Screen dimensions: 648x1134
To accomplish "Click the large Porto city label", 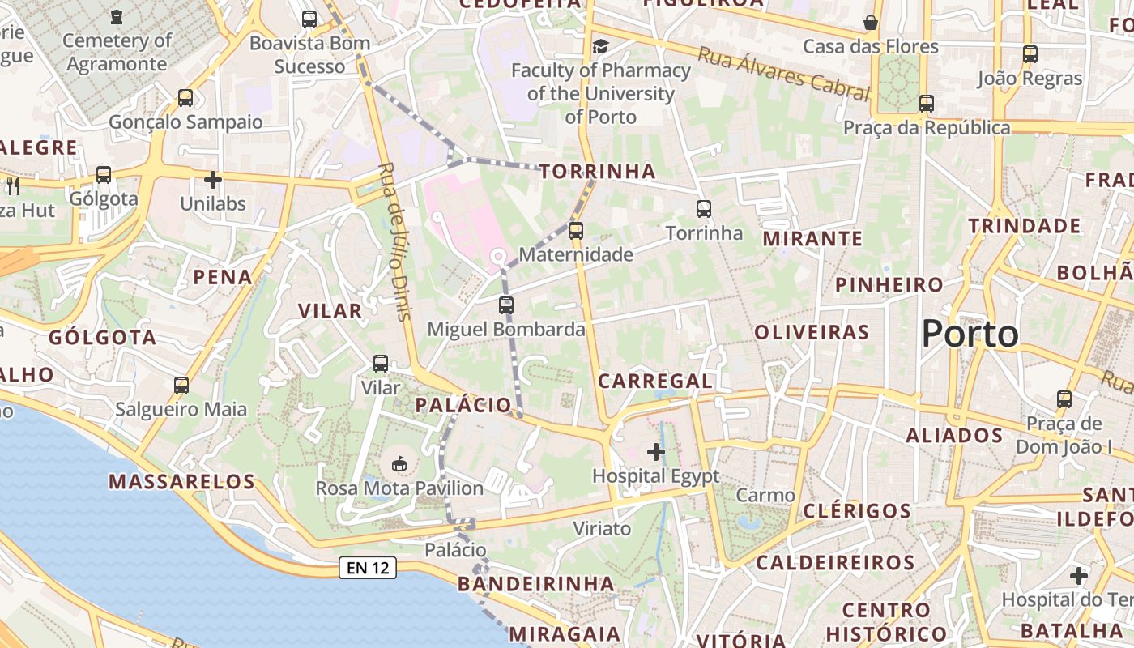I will click(x=970, y=334).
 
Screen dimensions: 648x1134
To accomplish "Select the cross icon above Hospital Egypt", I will click(x=656, y=451).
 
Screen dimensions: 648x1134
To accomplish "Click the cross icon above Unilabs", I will click(x=213, y=179).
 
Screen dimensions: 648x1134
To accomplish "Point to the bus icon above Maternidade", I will click(x=576, y=230).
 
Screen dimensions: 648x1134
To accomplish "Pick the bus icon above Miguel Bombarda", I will click(x=506, y=305).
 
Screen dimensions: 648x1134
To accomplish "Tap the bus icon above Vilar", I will click(x=381, y=364).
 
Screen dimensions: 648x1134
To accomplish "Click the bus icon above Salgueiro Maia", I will click(x=181, y=385).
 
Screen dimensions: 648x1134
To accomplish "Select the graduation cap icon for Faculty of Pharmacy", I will click(x=600, y=46).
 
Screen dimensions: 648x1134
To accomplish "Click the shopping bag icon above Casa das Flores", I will click(x=871, y=22).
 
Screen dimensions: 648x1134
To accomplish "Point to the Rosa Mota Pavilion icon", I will click(x=399, y=464).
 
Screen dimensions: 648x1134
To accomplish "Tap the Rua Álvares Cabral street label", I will click(x=782, y=73).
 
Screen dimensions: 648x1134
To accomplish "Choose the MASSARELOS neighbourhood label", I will click(x=182, y=482).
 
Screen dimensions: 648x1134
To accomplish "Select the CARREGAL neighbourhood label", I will click(x=655, y=381).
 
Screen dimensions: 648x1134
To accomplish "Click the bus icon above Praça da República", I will click(x=927, y=104).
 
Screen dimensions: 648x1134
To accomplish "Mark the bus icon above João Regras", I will click(x=1030, y=54).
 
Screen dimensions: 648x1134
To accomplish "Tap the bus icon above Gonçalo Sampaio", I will click(x=185, y=98).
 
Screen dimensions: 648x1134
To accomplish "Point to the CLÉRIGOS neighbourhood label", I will click(x=857, y=511).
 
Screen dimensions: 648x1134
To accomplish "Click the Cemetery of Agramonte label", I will click(x=117, y=52).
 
